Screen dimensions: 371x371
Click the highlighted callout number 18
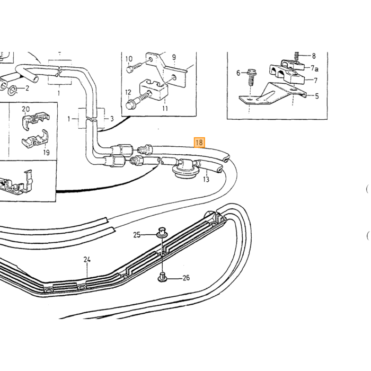(x=199, y=143)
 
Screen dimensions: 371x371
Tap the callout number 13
(x=206, y=180)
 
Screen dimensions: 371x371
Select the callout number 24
(x=87, y=260)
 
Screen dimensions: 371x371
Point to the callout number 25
(x=137, y=235)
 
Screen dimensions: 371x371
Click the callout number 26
(x=186, y=278)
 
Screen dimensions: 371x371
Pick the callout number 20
(x=26, y=109)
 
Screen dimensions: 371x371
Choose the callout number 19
(x=47, y=153)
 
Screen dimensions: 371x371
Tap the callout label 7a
(x=314, y=68)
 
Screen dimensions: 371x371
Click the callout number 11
(x=165, y=108)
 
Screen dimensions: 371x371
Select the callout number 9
(x=174, y=57)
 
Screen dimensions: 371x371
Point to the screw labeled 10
(x=134, y=67)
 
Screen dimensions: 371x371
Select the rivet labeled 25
(x=162, y=232)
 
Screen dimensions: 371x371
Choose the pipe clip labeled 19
(x=36, y=139)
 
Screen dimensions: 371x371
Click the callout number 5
(x=317, y=96)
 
